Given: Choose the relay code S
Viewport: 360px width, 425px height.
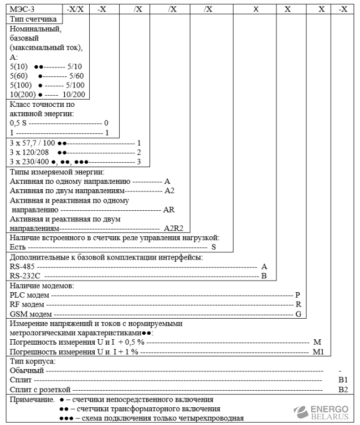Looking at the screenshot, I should pos(213,246).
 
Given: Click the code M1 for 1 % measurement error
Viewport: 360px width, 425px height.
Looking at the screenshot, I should pos(319,351).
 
